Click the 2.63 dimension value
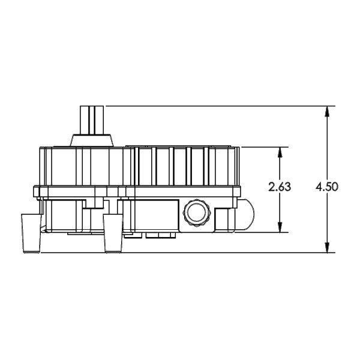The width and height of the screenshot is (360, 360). (x=280, y=187)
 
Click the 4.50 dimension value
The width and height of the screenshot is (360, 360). (x=327, y=187)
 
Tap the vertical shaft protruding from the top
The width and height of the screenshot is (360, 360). (x=92, y=119)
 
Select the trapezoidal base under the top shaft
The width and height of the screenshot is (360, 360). (x=92, y=140)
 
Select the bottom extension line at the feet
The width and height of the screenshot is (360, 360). (x=228, y=253)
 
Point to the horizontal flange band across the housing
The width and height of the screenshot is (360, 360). (x=138, y=191)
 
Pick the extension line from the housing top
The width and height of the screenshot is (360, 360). (x=264, y=146)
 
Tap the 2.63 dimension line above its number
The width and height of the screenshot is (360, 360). (x=280, y=165)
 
